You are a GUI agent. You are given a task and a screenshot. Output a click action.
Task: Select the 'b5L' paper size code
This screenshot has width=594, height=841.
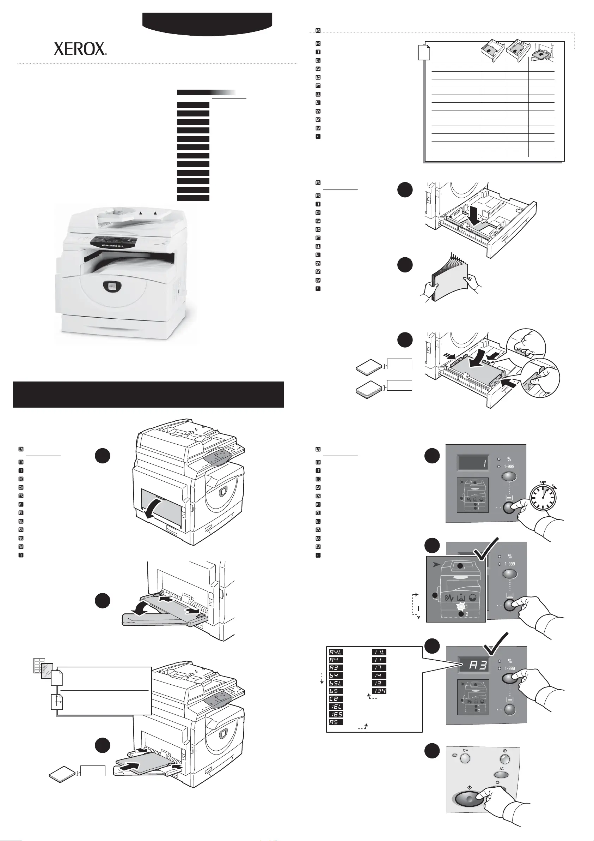coord(335,683)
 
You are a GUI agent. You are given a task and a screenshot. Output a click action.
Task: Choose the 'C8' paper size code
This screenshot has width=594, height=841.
coord(335,698)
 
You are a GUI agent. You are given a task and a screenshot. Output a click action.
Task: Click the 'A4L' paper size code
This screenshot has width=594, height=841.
coord(335,652)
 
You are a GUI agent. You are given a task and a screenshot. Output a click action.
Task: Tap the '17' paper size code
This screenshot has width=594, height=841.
coord(379,667)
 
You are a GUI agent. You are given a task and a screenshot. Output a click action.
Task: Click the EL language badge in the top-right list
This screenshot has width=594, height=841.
coord(318,94)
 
